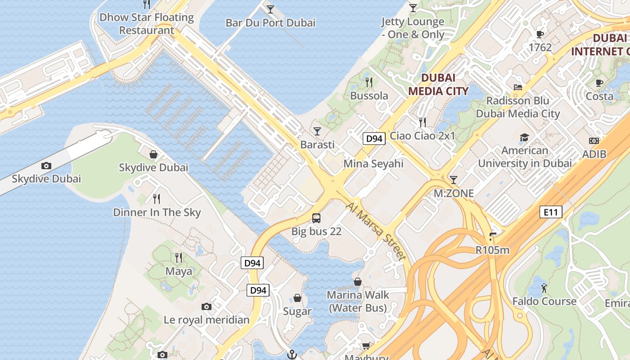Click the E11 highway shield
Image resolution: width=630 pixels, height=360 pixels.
[551, 211]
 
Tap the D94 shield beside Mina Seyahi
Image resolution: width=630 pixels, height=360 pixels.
[374, 139]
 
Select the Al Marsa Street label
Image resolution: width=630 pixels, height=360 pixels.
[376, 231]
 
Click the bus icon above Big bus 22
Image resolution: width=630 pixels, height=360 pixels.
[316, 218]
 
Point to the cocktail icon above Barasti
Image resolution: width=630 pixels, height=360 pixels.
[317, 131]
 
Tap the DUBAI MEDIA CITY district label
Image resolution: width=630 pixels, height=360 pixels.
[438, 84]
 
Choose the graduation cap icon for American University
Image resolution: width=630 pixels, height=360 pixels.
[524, 137]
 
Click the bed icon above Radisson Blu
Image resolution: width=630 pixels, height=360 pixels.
[518, 87]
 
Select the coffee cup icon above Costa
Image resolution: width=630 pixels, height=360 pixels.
[599, 83]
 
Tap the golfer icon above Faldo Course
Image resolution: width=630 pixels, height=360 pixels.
[544, 288]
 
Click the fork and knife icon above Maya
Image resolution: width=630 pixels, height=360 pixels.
[179, 258]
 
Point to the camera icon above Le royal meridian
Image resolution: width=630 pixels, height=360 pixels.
[207, 307]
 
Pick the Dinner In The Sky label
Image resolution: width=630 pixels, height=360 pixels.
[157, 212]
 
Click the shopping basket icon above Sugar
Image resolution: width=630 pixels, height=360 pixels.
[297, 298]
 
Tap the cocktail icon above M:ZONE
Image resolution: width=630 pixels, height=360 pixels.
[454, 180]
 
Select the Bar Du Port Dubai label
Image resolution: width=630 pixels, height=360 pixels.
[270, 22]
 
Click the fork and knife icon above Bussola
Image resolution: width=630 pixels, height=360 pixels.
[369, 82]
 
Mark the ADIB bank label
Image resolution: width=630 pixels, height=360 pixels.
[594, 154]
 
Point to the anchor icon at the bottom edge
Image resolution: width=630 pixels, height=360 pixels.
[292, 355]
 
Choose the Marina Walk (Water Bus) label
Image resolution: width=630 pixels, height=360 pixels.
[358, 301]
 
